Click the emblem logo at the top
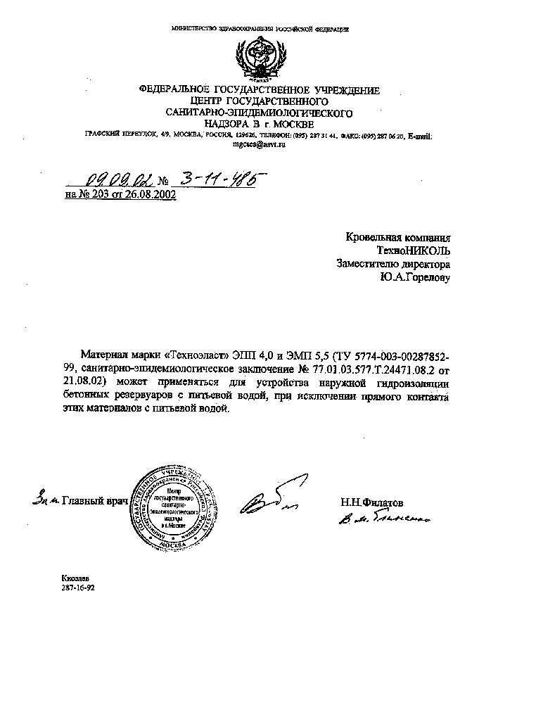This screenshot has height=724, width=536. tap(260, 58)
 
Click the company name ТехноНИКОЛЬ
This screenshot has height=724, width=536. tap(413, 251)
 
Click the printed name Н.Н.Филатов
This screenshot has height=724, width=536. tap(372, 503)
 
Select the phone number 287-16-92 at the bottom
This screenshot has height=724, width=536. tap(77, 587)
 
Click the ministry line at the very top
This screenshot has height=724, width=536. tap(260, 29)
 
